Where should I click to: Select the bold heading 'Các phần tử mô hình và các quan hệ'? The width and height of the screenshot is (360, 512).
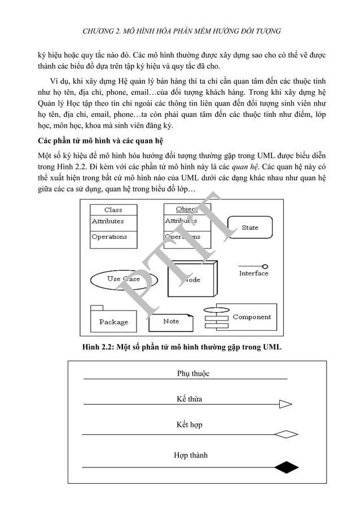pos(100,140)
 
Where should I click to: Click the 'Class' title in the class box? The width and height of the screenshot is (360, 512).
pos(113,209)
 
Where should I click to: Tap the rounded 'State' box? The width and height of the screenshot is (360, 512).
pos(249,227)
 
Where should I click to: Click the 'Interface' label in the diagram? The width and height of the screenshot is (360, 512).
pos(253,273)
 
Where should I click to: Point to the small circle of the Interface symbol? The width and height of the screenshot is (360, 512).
pos(265,266)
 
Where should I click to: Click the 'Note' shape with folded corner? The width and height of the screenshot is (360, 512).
pos(171,322)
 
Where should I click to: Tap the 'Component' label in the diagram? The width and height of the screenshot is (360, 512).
pos(252,317)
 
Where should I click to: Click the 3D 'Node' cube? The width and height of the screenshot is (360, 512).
pos(192,279)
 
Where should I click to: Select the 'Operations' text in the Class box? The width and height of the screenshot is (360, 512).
pos(109,237)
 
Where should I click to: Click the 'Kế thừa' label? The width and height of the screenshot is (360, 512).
pos(189,399)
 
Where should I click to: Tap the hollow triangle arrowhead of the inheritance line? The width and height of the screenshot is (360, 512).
pos(286,404)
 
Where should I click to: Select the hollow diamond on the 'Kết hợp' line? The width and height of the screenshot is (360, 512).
pos(286,434)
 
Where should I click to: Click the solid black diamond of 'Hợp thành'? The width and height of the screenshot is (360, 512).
pos(286,467)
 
